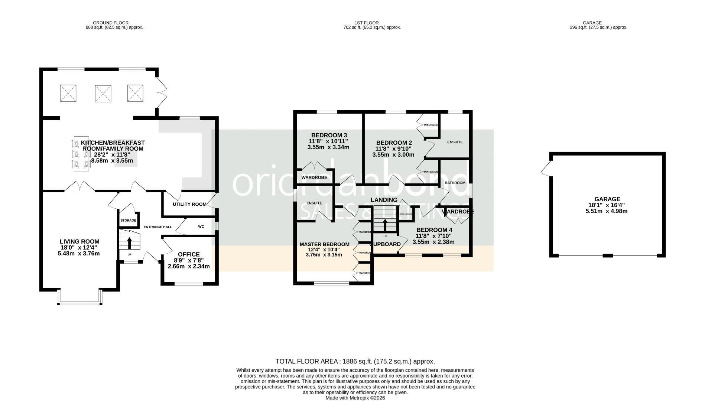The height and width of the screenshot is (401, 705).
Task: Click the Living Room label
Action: coord(80,242)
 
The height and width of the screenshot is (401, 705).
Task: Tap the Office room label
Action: coord(189,254)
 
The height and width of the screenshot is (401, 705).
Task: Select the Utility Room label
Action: coord(189,204)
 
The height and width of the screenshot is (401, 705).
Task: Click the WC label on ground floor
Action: coord(201,226)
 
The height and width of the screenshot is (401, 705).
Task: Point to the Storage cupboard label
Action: coord(128,221)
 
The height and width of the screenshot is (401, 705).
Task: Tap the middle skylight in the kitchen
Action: coord(103,93)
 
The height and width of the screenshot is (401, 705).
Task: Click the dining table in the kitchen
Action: coord(81,154)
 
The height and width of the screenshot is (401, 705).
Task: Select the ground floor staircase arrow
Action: coord(130,243)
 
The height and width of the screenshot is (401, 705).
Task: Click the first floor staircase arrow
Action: coord(385,225)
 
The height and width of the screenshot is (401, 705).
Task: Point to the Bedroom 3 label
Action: coord(329,135)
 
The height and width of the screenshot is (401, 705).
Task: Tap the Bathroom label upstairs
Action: coord(455,183)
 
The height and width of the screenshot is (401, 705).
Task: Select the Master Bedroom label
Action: coord(324,244)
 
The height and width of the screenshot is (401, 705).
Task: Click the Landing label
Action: coord(384,200)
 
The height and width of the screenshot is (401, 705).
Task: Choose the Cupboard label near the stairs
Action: coord(385,244)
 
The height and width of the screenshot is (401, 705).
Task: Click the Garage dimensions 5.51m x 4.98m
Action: coord(606,211)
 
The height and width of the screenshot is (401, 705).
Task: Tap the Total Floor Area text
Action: coord(355,361)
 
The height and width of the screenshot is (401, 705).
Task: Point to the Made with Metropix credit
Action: coord(355,398)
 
